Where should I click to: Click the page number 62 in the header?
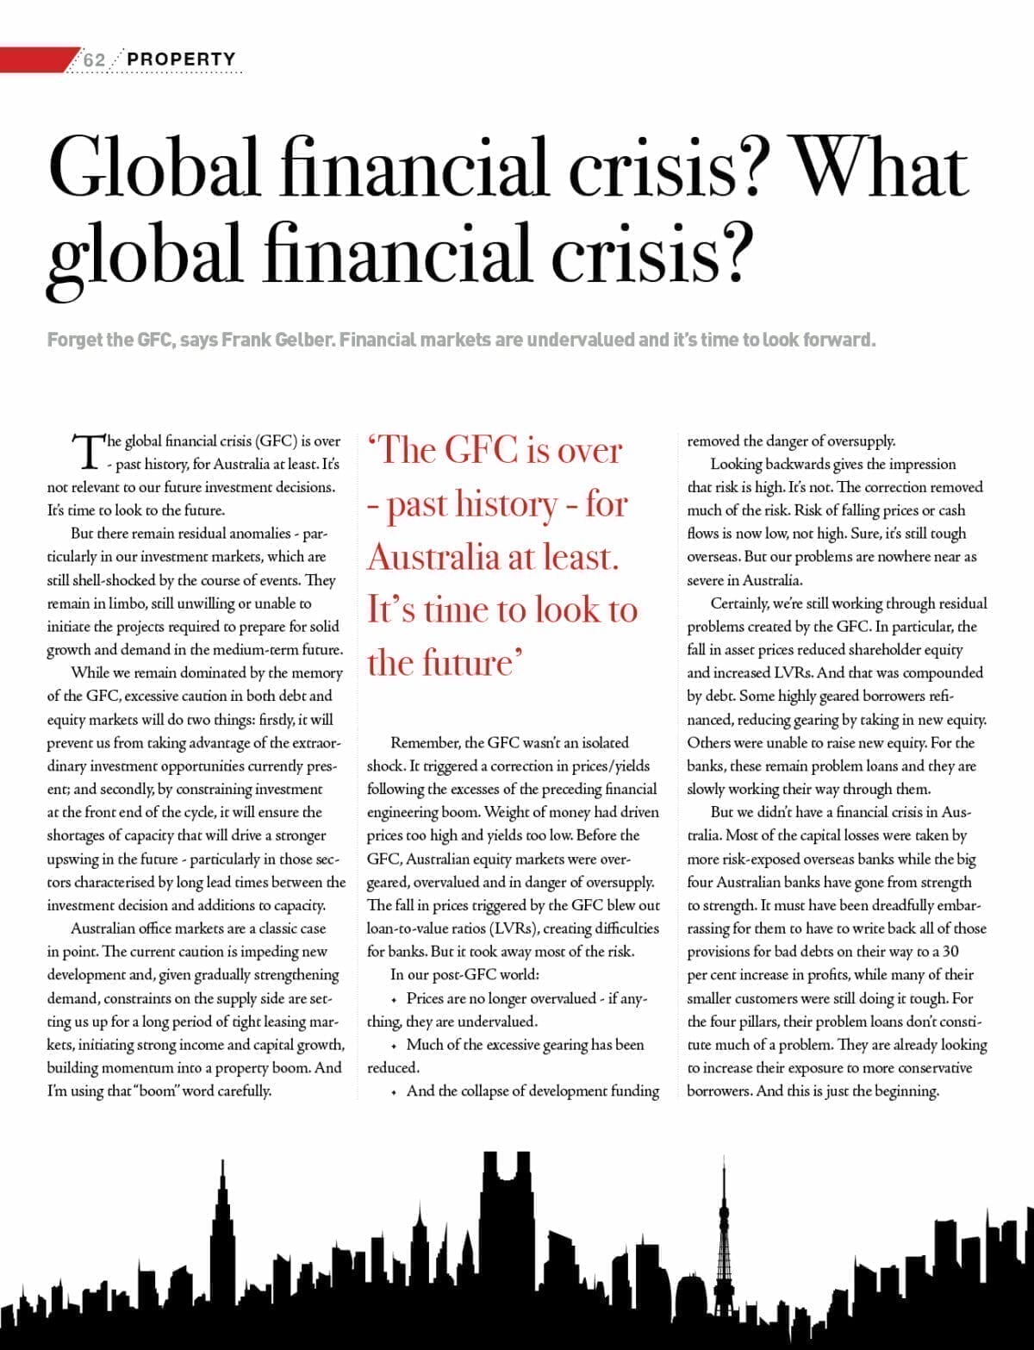coord(94,59)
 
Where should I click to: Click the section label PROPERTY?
coord(181,59)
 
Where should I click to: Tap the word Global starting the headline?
coord(154,168)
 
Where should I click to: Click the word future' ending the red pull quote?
coord(445,663)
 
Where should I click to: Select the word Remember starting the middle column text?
coord(425,742)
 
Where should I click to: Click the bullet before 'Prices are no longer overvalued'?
coord(394,1000)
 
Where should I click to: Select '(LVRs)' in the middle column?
coord(515,929)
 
